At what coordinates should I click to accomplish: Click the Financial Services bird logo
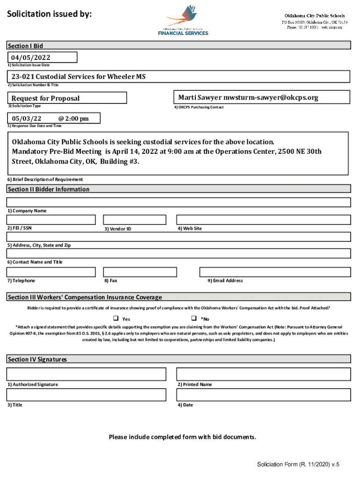(x=183, y=20)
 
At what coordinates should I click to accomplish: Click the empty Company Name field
(x=179, y=202)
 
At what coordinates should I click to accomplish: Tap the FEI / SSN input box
(x=51, y=219)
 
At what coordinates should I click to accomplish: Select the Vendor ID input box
(x=134, y=219)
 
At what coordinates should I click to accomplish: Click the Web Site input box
(x=263, y=219)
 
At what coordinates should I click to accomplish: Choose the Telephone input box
(x=51, y=272)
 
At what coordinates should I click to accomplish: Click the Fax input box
(x=134, y=272)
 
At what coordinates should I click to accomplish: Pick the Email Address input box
(x=275, y=272)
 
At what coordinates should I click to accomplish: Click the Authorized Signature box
(x=86, y=374)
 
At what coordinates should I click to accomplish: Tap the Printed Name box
(x=263, y=374)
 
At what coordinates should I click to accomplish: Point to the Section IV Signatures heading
(x=37, y=359)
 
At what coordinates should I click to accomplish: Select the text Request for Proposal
(x=45, y=98)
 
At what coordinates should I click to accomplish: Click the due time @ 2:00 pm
(x=73, y=119)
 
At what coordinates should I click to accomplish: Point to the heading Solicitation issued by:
(x=49, y=15)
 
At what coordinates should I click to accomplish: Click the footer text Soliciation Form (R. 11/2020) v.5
(x=298, y=464)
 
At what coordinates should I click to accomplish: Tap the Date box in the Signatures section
(x=263, y=395)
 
